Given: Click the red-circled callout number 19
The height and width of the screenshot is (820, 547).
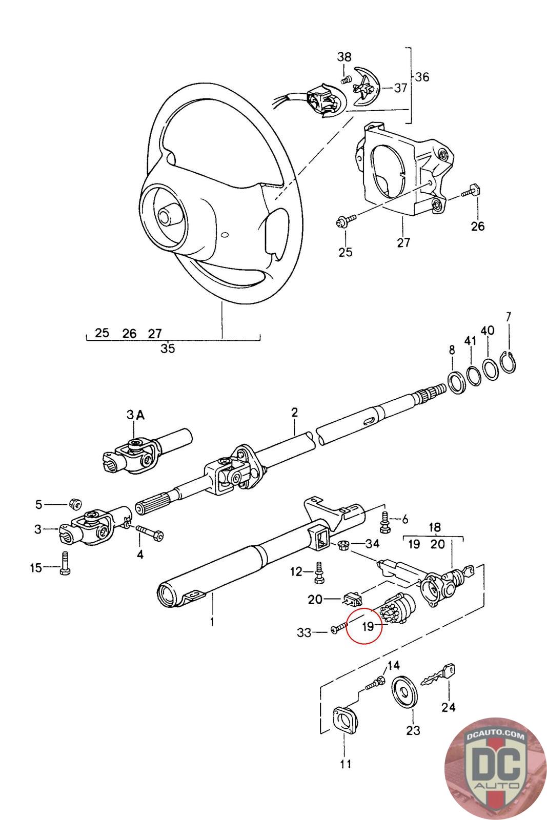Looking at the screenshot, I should pyautogui.click(x=369, y=626).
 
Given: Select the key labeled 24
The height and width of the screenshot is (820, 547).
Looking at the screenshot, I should pyautogui.click(x=437, y=676).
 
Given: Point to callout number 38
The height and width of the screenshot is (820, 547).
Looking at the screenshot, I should pyautogui.click(x=344, y=57).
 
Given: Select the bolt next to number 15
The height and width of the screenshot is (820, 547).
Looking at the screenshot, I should pyautogui.click(x=65, y=563).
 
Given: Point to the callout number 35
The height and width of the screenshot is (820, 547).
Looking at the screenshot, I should pyautogui.click(x=168, y=349).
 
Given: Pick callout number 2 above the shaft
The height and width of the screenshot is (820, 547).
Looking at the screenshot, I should pyautogui.click(x=294, y=413).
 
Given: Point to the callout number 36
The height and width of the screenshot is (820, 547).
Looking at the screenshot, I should pyautogui.click(x=422, y=77).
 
